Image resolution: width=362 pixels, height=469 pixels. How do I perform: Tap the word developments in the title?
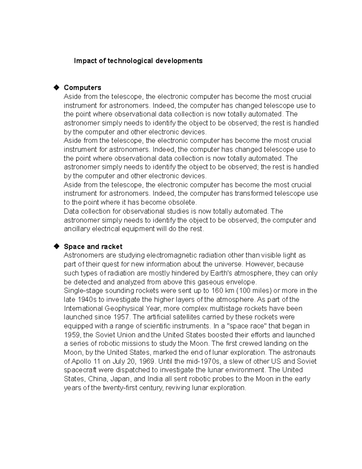(x=179, y=61)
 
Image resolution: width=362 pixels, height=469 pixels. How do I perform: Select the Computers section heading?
(x=82, y=88)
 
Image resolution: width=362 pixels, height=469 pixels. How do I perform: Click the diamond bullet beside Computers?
(x=56, y=88)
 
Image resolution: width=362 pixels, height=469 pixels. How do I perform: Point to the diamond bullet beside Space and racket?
(x=56, y=247)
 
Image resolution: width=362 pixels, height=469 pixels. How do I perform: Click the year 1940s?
(x=88, y=300)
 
